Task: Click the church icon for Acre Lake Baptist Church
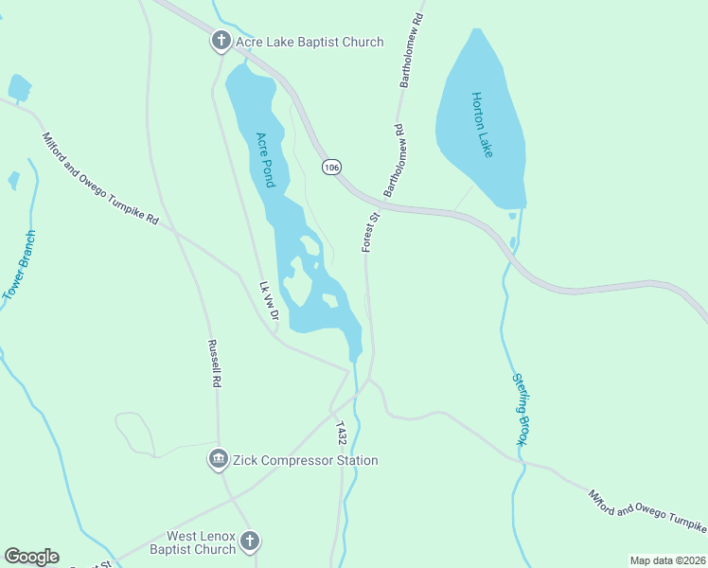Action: click(221, 42)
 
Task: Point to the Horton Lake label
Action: click(484, 124)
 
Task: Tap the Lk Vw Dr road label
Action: click(268, 300)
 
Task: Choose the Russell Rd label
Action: click(215, 364)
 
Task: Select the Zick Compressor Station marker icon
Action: click(219, 460)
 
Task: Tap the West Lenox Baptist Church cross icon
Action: click(249, 541)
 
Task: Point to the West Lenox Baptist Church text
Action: click(201, 542)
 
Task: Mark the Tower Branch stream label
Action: click(19, 265)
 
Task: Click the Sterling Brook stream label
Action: click(521, 409)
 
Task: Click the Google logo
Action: click(31, 557)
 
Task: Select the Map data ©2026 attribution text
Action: click(667, 560)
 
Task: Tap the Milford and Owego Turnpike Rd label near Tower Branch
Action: click(100, 179)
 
